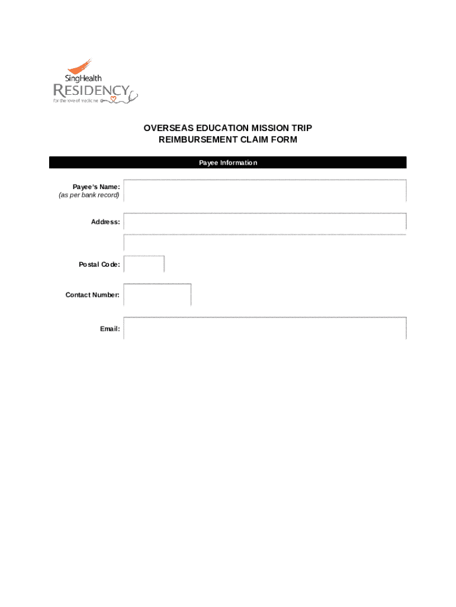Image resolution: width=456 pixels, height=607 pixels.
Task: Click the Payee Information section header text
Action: pyautogui.click(x=228, y=162)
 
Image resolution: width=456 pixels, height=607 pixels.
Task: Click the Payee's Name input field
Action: pyautogui.click(x=265, y=190)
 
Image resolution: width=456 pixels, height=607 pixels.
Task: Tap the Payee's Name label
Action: pyautogui.click(x=97, y=187)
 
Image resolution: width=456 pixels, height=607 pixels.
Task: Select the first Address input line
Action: pyautogui.click(x=265, y=222)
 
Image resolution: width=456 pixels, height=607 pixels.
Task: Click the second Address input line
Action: pyautogui.click(x=265, y=242)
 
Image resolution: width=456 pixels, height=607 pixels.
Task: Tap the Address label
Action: pyautogui.click(x=105, y=222)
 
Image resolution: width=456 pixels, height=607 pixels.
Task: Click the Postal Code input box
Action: pyautogui.click(x=144, y=264)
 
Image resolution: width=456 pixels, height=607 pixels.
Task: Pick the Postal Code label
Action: pyautogui.click(x=99, y=264)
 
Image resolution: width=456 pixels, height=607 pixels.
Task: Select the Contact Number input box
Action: pyautogui.click(x=158, y=295)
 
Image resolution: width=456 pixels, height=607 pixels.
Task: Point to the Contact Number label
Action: pyautogui.click(x=92, y=295)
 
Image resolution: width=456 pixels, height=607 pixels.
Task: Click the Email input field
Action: pyautogui.click(x=265, y=328)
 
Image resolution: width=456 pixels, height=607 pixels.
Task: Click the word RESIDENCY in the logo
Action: pyautogui.click(x=91, y=91)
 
